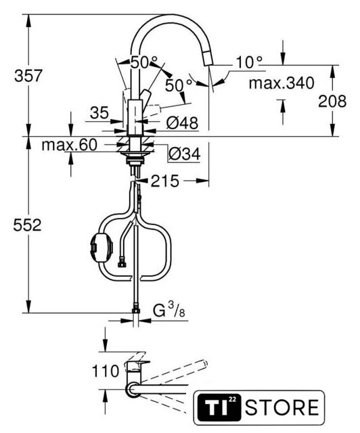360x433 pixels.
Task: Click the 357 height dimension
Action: click(28, 75)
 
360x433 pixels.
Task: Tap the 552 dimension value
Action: click(27, 225)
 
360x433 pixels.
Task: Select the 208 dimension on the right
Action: click(332, 101)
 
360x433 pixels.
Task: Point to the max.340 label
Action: click(282, 83)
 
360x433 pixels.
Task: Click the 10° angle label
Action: click(249, 62)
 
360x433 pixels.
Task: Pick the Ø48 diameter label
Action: click(182, 123)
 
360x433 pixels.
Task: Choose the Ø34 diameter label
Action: click(184, 154)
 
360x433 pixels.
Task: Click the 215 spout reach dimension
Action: click(165, 181)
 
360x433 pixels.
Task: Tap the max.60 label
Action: click(69, 145)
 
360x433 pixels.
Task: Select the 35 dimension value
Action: click(99, 113)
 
